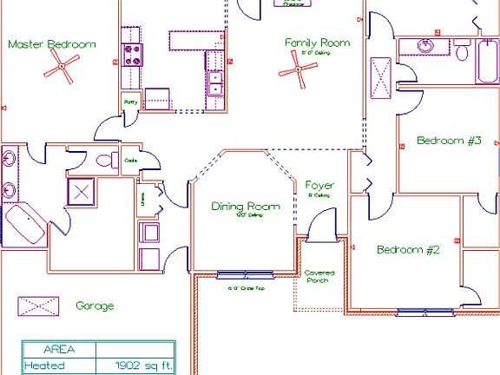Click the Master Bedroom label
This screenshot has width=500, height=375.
51,44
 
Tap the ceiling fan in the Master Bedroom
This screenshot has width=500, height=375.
63,65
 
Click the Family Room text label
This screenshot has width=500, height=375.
317,43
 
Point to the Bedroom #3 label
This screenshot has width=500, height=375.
448,141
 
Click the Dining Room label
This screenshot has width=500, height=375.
247,207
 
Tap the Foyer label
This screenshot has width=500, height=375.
319,186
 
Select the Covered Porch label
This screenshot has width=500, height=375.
319,277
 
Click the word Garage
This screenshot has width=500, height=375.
95,306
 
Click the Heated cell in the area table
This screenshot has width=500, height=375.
45,366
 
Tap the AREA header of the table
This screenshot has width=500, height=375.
58,350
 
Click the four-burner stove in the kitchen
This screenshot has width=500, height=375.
132,56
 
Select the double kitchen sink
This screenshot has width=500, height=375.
214,82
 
